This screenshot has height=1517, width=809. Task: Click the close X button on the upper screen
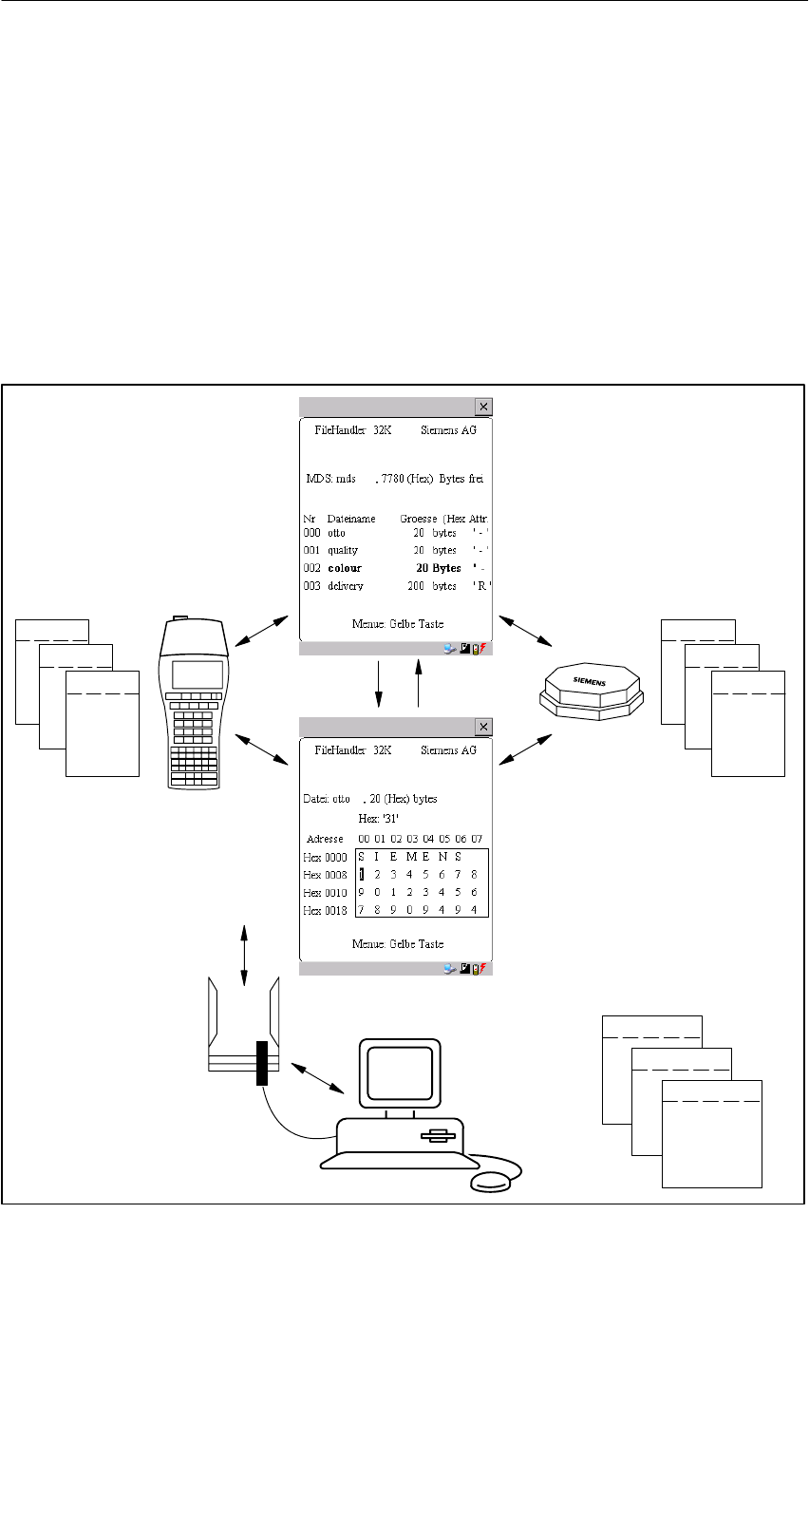click(x=483, y=407)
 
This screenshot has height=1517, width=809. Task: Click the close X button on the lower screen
click(x=483, y=727)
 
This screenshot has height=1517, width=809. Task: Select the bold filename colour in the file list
click(x=345, y=568)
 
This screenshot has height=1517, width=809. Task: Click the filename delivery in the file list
click(x=346, y=586)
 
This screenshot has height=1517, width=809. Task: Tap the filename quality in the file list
click(x=343, y=550)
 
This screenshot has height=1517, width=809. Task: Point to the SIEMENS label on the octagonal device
click(x=589, y=681)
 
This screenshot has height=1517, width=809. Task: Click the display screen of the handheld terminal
click(x=198, y=674)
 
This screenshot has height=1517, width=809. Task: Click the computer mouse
click(x=490, y=1181)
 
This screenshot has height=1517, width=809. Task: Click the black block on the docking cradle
click(x=262, y=1063)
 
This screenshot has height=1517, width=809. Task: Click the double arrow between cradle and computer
click(x=317, y=1077)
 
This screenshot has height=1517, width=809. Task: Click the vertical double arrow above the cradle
click(x=245, y=955)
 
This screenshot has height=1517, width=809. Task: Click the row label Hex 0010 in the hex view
click(x=325, y=893)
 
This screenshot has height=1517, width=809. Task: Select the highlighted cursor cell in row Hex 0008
click(x=362, y=875)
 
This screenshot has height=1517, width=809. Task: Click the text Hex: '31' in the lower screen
click(x=378, y=818)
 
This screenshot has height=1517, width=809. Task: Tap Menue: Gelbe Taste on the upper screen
click(x=397, y=624)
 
